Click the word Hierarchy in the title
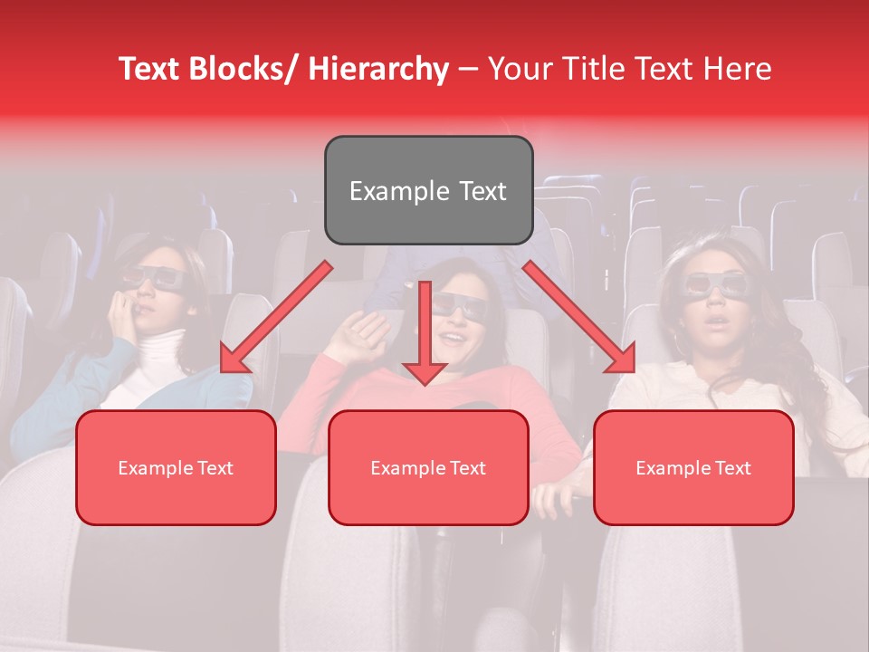pos(378,69)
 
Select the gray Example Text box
pos(428,190)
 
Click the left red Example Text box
pos(176,467)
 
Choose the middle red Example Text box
pos(428,467)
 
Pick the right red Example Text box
pos(693,467)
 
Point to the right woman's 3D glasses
pos(715,284)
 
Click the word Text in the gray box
pos(481,191)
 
